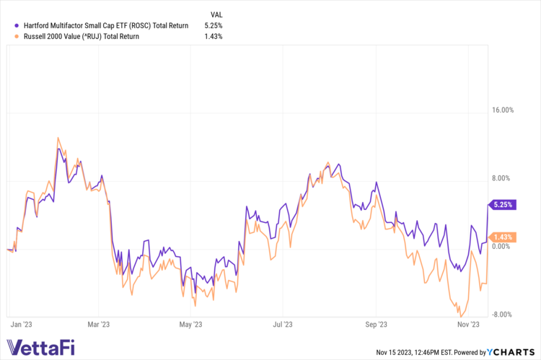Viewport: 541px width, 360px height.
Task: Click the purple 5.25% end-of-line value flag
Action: (x=503, y=204)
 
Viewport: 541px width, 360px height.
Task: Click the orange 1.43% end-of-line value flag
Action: (x=503, y=237)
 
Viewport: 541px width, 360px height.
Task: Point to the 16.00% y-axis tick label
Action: (x=502, y=110)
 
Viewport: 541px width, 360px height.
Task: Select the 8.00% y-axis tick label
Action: (x=503, y=178)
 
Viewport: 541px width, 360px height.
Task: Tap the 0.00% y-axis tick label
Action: (x=503, y=246)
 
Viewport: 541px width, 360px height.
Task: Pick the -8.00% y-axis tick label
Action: (x=502, y=314)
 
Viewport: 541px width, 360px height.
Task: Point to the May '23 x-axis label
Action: (x=190, y=325)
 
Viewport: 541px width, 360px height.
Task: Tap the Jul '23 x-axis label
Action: (x=283, y=325)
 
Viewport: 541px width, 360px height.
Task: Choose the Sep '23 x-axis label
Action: (x=377, y=325)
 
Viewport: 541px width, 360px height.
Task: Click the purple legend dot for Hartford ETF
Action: (x=7, y=25)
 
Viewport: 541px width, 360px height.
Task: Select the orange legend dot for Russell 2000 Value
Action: (x=7, y=36)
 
